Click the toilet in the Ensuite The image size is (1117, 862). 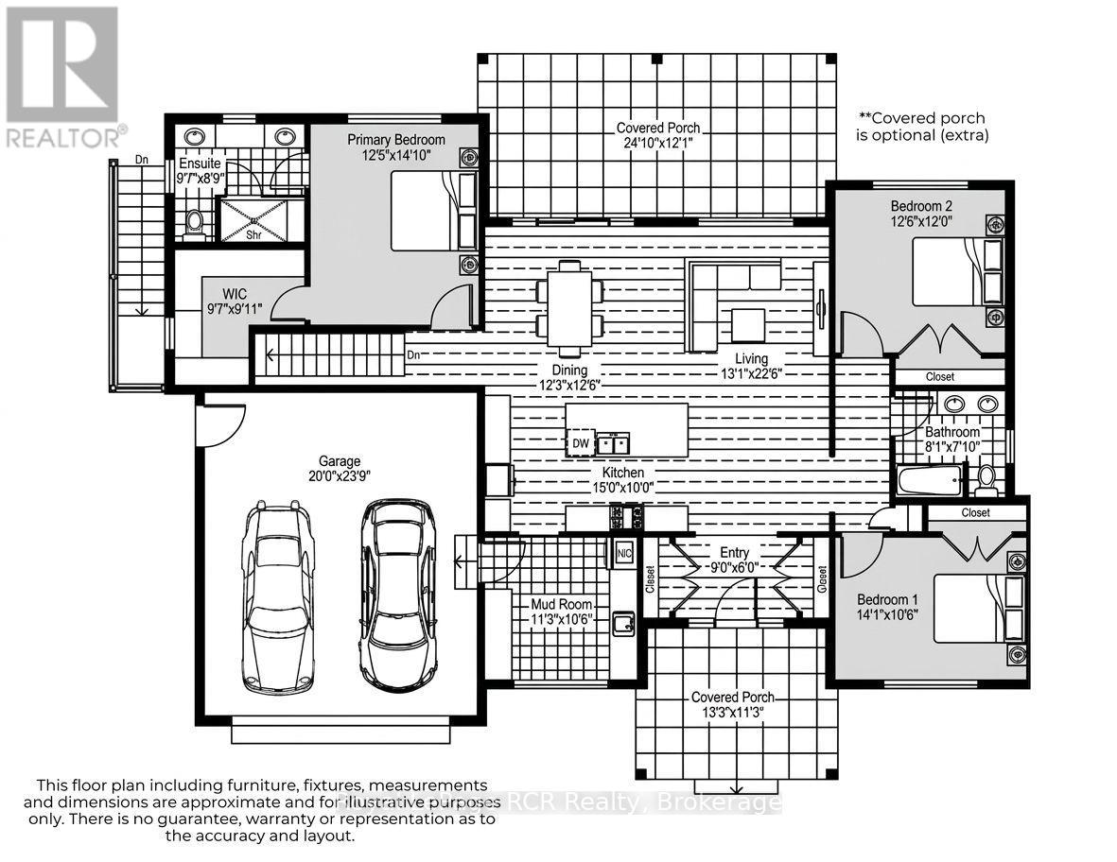pos(195,221)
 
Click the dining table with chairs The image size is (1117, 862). pos(569,302)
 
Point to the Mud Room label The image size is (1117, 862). pos(562,604)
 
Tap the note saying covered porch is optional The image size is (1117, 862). pos(921,127)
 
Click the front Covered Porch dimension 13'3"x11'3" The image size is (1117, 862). pos(732,714)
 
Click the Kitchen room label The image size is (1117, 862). pos(623,472)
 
